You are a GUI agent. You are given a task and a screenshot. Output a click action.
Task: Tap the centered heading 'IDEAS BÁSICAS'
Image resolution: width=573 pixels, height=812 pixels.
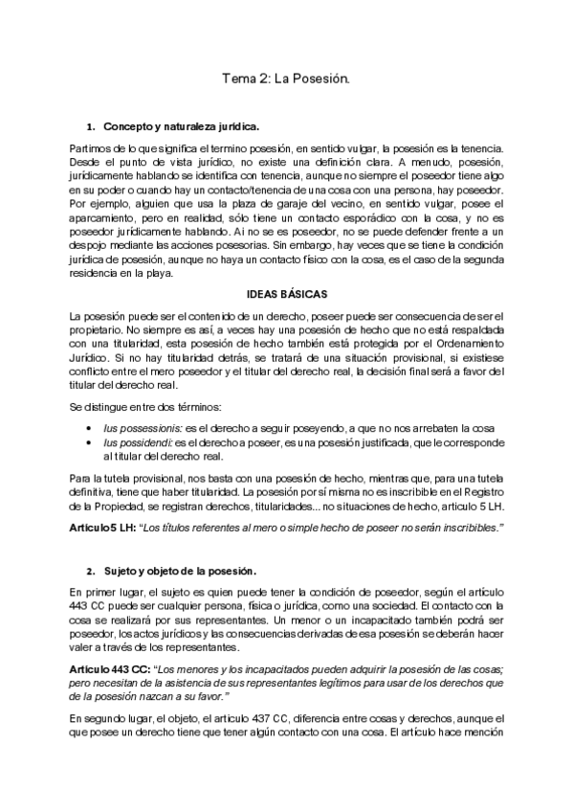coord(286,293)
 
